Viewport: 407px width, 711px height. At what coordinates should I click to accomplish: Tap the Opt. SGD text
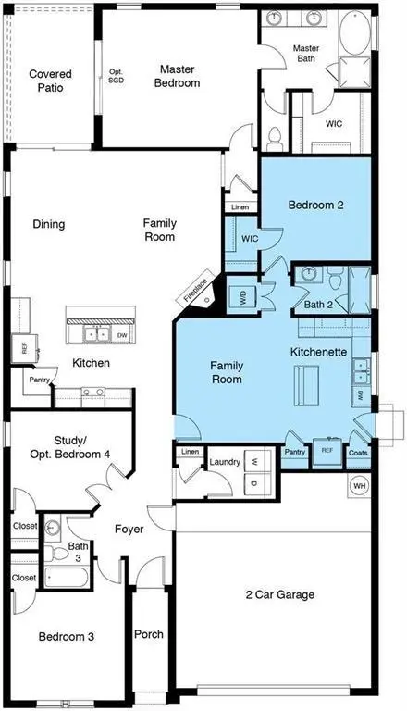(x=117, y=77)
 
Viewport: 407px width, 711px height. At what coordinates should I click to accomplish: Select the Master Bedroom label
(x=179, y=76)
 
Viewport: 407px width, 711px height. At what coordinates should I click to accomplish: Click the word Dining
(x=48, y=224)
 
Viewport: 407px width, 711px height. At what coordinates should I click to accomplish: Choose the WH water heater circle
(x=359, y=486)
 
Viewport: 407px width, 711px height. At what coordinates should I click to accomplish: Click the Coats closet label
(x=358, y=453)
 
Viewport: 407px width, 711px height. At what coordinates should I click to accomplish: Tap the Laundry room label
(x=225, y=461)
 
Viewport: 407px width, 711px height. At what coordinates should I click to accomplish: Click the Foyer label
(x=129, y=530)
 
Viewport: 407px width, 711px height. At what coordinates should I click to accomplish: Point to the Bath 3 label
(x=78, y=552)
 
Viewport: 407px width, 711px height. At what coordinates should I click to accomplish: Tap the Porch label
(x=148, y=634)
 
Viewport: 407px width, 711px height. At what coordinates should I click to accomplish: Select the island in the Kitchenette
(x=305, y=385)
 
